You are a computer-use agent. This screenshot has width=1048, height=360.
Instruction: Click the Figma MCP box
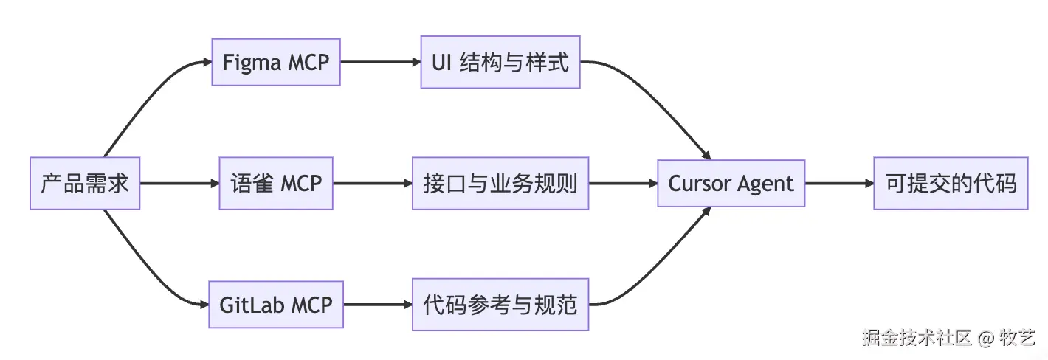[276, 62]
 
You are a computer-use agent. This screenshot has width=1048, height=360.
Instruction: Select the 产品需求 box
[85, 183]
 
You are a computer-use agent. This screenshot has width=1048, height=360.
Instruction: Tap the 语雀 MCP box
[276, 183]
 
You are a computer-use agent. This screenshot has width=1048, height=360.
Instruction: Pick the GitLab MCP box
[276, 305]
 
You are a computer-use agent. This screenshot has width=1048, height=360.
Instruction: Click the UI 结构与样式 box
[500, 62]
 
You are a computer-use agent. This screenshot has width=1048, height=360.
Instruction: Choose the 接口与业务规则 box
[500, 183]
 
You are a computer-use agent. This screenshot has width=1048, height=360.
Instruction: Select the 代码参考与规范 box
[500, 305]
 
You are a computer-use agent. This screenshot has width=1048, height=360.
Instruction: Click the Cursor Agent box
[731, 183]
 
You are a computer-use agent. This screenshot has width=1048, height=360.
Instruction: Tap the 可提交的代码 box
[951, 183]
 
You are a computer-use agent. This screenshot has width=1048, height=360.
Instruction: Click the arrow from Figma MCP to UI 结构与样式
[380, 62]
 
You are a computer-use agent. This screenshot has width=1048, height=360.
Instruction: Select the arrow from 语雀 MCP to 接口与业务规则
[373, 183]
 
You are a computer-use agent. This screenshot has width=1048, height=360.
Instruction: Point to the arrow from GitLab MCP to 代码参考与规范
[378, 305]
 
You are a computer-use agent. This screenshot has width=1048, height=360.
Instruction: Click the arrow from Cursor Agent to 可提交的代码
[839, 183]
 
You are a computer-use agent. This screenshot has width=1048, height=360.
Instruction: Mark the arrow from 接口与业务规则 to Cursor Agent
[623, 183]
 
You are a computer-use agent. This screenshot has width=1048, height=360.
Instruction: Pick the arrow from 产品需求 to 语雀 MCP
[179, 183]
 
